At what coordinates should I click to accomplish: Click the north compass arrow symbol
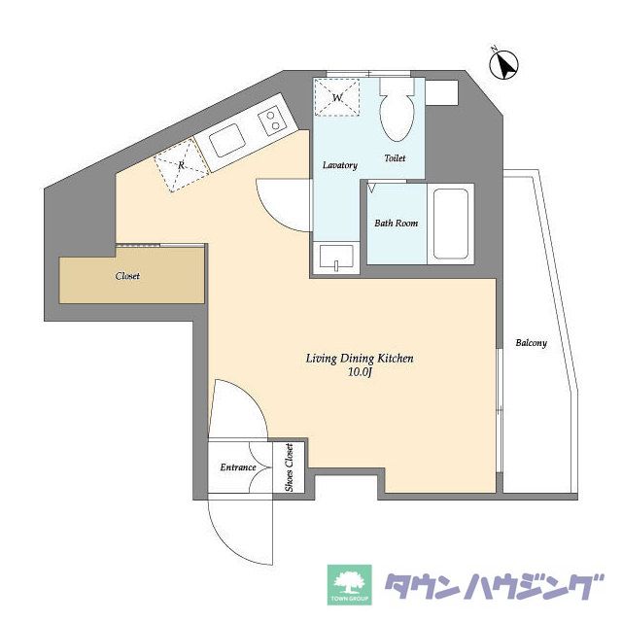[504, 65]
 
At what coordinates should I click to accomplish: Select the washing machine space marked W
[337, 97]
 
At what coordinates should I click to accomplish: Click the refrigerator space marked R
[182, 164]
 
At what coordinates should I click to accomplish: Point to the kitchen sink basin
[225, 140]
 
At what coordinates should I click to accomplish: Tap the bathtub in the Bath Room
[451, 225]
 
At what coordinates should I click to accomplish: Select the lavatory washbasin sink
[336, 258]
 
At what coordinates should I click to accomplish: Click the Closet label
[127, 276]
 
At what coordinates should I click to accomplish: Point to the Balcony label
[532, 343]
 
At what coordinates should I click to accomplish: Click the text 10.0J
[360, 372]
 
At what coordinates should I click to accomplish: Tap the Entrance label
[238, 467]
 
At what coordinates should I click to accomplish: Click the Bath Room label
[396, 224]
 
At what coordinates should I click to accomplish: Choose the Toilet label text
[396, 157]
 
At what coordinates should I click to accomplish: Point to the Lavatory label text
[340, 165]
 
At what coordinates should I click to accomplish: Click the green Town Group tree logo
[350, 585]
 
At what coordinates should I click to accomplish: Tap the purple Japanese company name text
[495, 586]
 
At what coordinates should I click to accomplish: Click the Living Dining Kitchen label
[360, 359]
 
